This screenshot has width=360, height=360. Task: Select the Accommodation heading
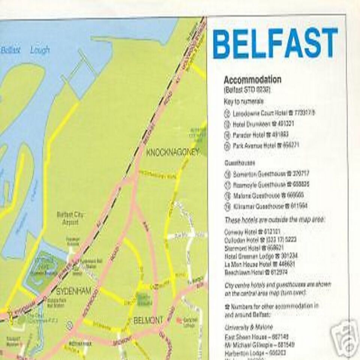(x=252, y=79)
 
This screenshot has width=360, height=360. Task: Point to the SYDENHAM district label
(x=73, y=291)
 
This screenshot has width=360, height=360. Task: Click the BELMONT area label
(x=148, y=320)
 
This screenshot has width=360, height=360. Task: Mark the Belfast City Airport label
(x=70, y=219)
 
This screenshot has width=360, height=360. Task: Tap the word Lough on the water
(x=40, y=50)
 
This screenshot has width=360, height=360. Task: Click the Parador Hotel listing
(x=261, y=134)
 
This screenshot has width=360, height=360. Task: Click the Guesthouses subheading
(x=240, y=163)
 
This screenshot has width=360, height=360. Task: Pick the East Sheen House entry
(x=257, y=336)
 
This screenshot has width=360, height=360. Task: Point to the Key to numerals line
(x=243, y=101)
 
